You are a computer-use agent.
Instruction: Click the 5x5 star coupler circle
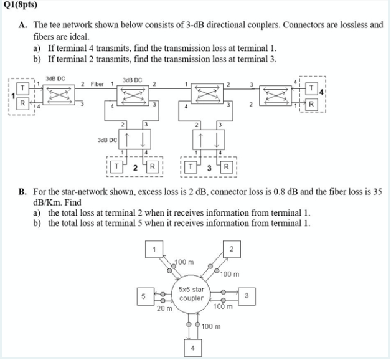tap(191, 294)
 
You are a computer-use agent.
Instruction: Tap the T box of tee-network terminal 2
tap(117, 167)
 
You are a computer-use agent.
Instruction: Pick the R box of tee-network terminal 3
tap(227, 167)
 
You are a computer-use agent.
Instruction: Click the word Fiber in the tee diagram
tap(97, 83)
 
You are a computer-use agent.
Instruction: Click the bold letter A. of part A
tap(21, 25)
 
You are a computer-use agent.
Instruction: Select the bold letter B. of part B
tap(21, 192)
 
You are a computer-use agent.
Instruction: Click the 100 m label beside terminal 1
tap(184, 261)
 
